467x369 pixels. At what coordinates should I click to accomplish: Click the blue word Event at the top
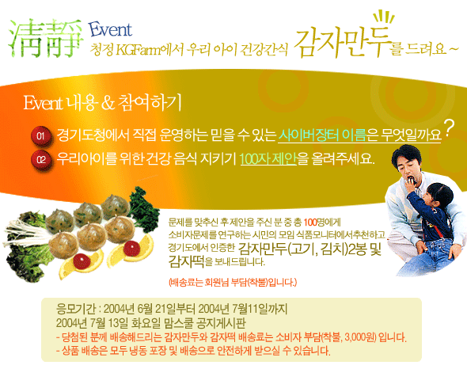pos(110,30)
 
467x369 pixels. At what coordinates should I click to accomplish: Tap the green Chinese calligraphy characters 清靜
pos(45,38)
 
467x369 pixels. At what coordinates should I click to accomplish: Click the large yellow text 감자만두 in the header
pos(342,43)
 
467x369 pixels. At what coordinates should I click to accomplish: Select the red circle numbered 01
pos(41,136)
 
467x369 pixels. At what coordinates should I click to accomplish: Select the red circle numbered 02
pos(41,160)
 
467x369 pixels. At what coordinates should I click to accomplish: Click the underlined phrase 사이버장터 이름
pos(322,135)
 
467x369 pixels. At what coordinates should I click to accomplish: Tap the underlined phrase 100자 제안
pos(268,159)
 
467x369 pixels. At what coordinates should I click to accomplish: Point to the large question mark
pos(449,127)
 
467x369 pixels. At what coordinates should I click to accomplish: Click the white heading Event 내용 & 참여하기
pos(102,103)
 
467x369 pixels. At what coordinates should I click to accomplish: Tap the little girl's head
pos(440,196)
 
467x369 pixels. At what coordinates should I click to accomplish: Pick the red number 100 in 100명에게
pos(310,222)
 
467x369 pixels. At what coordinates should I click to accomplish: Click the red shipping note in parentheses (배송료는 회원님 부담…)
pos(233,282)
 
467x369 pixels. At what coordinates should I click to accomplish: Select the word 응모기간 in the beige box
pos(76,309)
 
